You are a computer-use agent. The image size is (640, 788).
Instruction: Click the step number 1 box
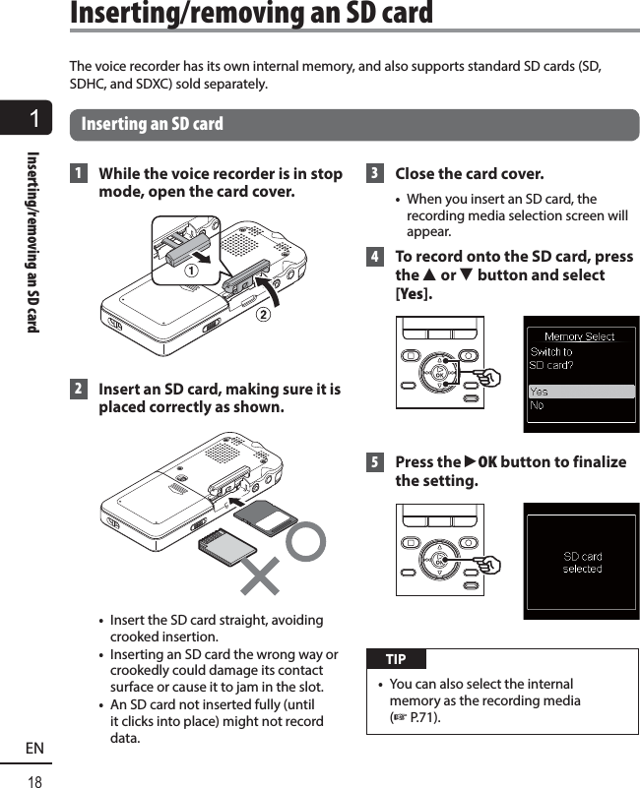click(x=79, y=174)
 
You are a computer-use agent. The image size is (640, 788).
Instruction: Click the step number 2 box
click(x=79, y=391)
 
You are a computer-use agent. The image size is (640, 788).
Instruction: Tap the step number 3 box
click(x=374, y=174)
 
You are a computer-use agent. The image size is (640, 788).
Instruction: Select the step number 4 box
click(x=374, y=257)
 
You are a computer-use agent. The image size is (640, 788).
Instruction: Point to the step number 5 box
click(x=374, y=462)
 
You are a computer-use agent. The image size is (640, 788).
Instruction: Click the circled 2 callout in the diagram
click(x=262, y=315)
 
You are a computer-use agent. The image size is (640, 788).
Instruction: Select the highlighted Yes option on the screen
click(x=540, y=392)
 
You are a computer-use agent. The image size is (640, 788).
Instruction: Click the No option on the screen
click(x=537, y=404)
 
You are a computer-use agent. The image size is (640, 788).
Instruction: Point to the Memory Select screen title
click(x=579, y=336)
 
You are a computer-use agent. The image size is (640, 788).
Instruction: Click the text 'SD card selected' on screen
click(x=582, y=563)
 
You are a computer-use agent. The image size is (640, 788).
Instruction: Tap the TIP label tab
click(x=396, y=659)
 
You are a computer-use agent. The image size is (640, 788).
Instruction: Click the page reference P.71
click(x=421, y=718)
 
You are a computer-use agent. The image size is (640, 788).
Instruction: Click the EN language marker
click(x=34, y=749)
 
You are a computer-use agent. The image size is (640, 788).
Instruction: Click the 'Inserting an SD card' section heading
click(x=153, y=125)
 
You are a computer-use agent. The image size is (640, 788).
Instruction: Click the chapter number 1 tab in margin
click(x=34, y=120)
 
